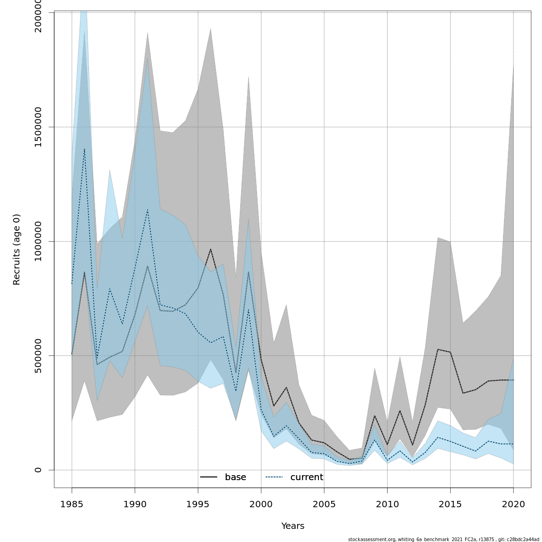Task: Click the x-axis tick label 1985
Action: click(x=72, y=504)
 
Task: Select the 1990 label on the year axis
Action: click(x=135, y=504)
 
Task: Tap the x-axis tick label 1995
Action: click(x=198, y=504)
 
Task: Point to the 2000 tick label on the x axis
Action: click(x=261, y=504)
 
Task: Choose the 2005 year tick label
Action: click(x=324, y=504)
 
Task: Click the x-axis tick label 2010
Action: click(x=387, y=504)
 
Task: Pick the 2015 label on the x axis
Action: click(x=450, y=504)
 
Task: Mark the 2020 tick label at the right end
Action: click(x=513, y=504)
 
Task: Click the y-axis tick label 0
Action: click(x=38, y=470)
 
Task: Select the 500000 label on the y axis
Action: click(x=38, y=355)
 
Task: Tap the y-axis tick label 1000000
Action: click(x=38, y=241)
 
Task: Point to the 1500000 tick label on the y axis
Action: click(x=38, y=127)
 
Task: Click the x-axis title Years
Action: click(x=293, y=526)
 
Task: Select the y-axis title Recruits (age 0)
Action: click(x=17, y=249)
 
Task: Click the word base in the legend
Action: click(x=235, y=477)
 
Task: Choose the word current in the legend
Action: click(x=307, y=477)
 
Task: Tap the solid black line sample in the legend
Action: click(x=209, y=477)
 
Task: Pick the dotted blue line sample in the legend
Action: click(x=274, y=477)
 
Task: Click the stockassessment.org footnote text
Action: click(x=444, y=539)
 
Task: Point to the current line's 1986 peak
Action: click(x=84, y=149)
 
